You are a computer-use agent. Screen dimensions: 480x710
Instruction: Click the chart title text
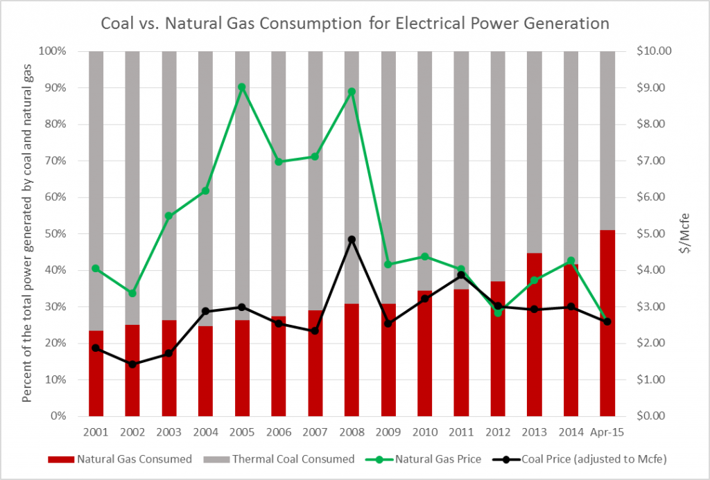click(x=355, y=24)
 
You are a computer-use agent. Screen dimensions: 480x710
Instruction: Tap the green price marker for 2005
click(x=242, y=87)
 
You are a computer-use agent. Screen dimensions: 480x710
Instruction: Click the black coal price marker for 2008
click(x=352, y=240)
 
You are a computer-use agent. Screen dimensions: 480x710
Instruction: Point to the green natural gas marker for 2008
click(x=352, y=91)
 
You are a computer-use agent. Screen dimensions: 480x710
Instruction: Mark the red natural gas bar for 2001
click(x=96, y=373)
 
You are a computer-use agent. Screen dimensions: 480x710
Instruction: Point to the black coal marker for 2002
click(x=132, y=364)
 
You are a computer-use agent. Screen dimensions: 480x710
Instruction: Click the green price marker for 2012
click(x=498, y=313)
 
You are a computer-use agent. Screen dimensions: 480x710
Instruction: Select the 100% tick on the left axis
click(x=56, y=51)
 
